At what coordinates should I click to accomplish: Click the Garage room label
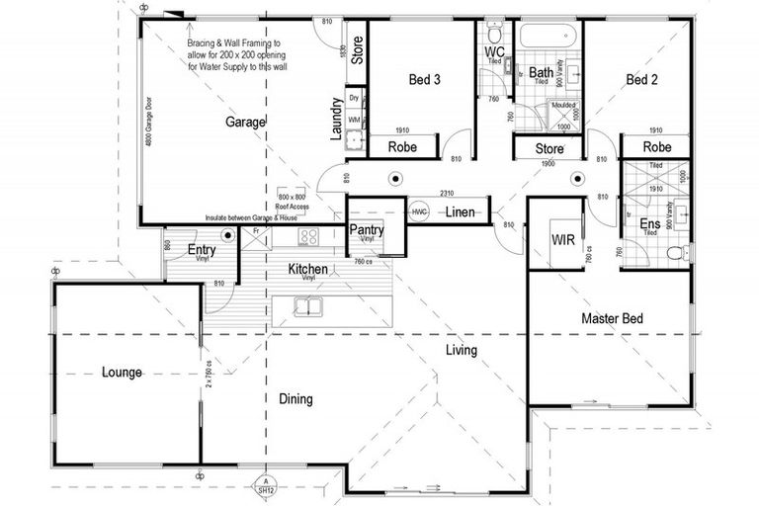click(246, 122)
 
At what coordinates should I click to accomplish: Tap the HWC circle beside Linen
click(419, 212)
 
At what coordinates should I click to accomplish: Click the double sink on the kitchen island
click(309, 307)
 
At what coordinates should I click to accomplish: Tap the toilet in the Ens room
click(676, 254)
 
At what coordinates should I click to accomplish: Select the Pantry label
click(367, 230)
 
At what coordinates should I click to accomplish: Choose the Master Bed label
click(612, 318)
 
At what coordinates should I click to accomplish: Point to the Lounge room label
click(124, 373)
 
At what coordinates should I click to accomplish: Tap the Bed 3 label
click(424, 80)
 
